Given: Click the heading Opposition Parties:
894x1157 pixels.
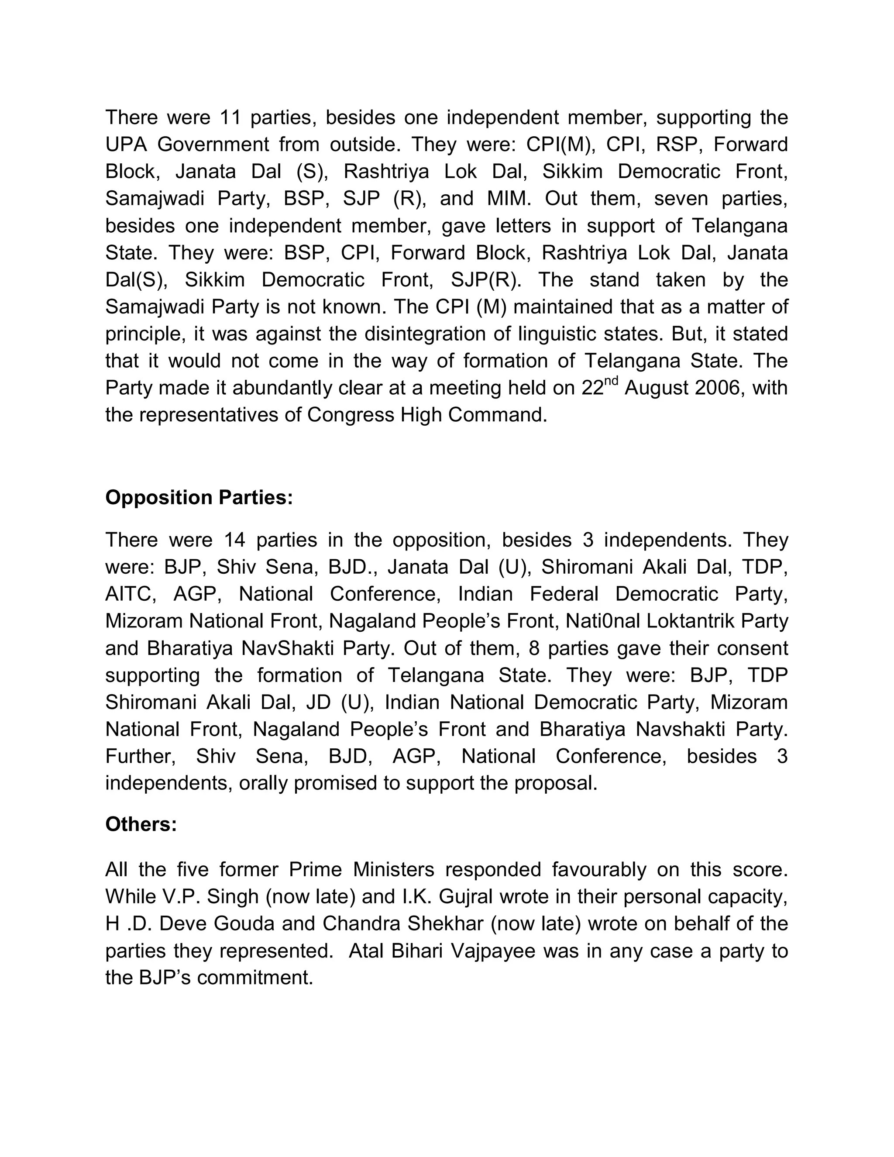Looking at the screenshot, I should point(199,497).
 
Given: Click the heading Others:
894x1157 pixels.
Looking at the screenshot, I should point(141,824).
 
